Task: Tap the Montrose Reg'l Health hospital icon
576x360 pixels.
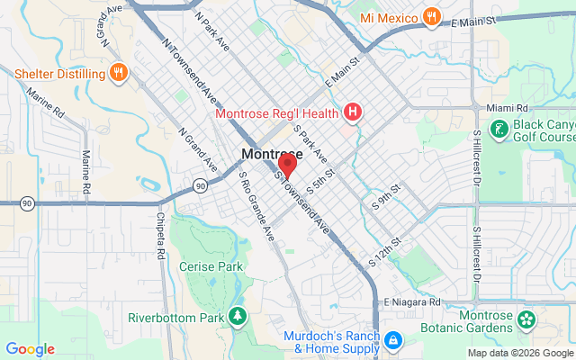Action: (x=354, y=112)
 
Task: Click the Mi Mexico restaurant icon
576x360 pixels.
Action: (x=433, y=17)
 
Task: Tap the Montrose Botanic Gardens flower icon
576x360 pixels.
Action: (x=526, y=319)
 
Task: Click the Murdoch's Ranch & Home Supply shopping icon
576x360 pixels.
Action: (x=392, y=341)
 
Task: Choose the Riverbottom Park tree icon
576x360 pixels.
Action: (x=238, y=317)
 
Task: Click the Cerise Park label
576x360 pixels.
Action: (x=211, y=267)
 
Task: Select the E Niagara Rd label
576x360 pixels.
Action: (x=411, y=302)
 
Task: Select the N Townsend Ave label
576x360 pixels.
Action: (x=189, y=65)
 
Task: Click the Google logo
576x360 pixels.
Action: (x=30, y=349)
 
